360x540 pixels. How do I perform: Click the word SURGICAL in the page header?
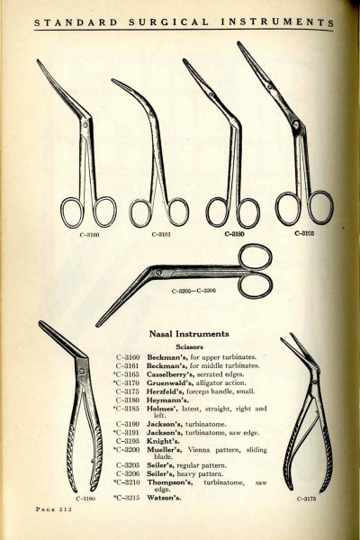[169, 22]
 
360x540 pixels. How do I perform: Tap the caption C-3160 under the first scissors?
[90, 236]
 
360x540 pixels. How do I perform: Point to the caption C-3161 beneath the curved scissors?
[161, 235]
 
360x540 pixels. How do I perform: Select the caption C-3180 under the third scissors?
[235, 234]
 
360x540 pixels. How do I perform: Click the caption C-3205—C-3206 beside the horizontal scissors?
[193, 291]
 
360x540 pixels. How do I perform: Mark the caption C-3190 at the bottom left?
[85, 499]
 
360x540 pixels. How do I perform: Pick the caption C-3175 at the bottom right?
[306, 499]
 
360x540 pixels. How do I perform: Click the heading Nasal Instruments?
[189, 334]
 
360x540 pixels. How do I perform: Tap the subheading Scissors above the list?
[190, 346]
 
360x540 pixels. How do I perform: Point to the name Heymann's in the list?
[167, 400]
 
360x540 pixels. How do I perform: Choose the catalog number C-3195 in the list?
[128, 441]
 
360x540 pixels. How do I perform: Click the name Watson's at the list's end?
[164, 498]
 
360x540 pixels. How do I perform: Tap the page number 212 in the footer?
[66, 509]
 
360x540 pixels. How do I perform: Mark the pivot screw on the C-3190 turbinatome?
[82, 371]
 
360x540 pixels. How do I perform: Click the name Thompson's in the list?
[170, 482]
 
